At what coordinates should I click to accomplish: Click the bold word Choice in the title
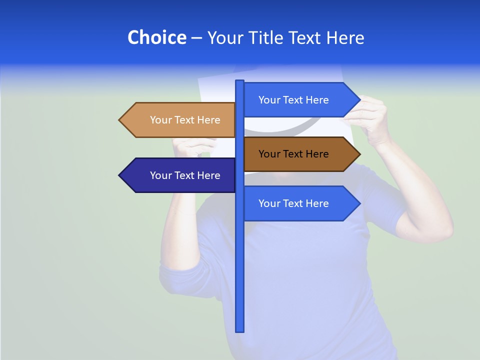pyautogui.click(x=156, y=37)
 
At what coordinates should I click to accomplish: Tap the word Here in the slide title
pyautogui.click(x=345, y=37)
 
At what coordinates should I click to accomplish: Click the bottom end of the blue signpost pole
pyautogui.click(x=240, y=330)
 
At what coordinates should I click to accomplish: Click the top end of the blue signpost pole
pyautogui.click(x=240, y=82)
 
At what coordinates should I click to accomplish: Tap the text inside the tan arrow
pyautogui.click(x=185, y=120)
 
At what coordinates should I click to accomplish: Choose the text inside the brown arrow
pyautogui.click(x=293, y=154)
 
